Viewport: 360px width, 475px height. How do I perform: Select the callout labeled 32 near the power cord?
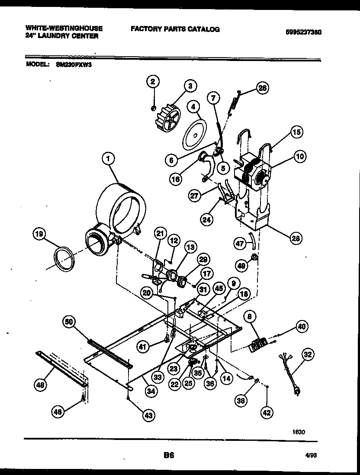click(307, 356)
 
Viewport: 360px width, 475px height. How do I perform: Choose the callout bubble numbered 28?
click(296, 237)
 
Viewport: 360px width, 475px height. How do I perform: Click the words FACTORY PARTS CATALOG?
click(175, 29)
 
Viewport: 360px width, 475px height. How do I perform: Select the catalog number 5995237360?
click(303, 32)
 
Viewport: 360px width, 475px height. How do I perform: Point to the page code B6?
click(169, 455)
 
